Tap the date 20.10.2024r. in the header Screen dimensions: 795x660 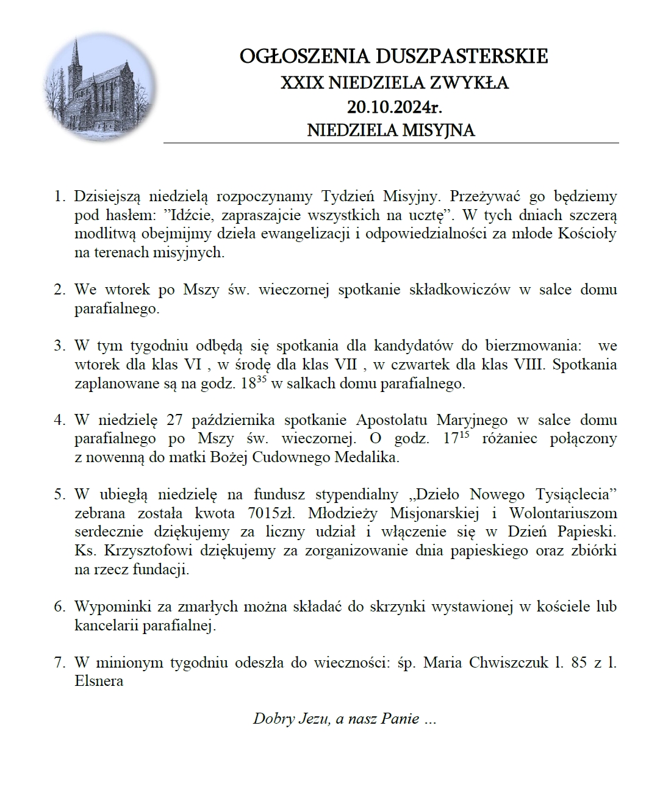(394, 107)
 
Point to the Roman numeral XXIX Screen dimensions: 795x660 (302, 82)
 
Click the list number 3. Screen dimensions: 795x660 (59, 346)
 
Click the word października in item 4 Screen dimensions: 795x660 (233, 420)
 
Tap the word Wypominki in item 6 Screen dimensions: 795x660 (109, 607)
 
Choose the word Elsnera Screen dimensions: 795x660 (99, 681)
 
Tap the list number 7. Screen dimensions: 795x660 (59, 663)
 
